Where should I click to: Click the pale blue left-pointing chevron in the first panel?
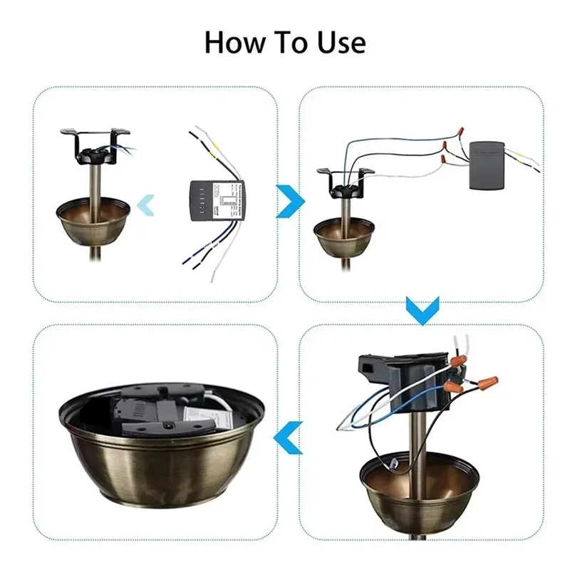point(145,204)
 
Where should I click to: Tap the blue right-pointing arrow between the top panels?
point(288,202)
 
